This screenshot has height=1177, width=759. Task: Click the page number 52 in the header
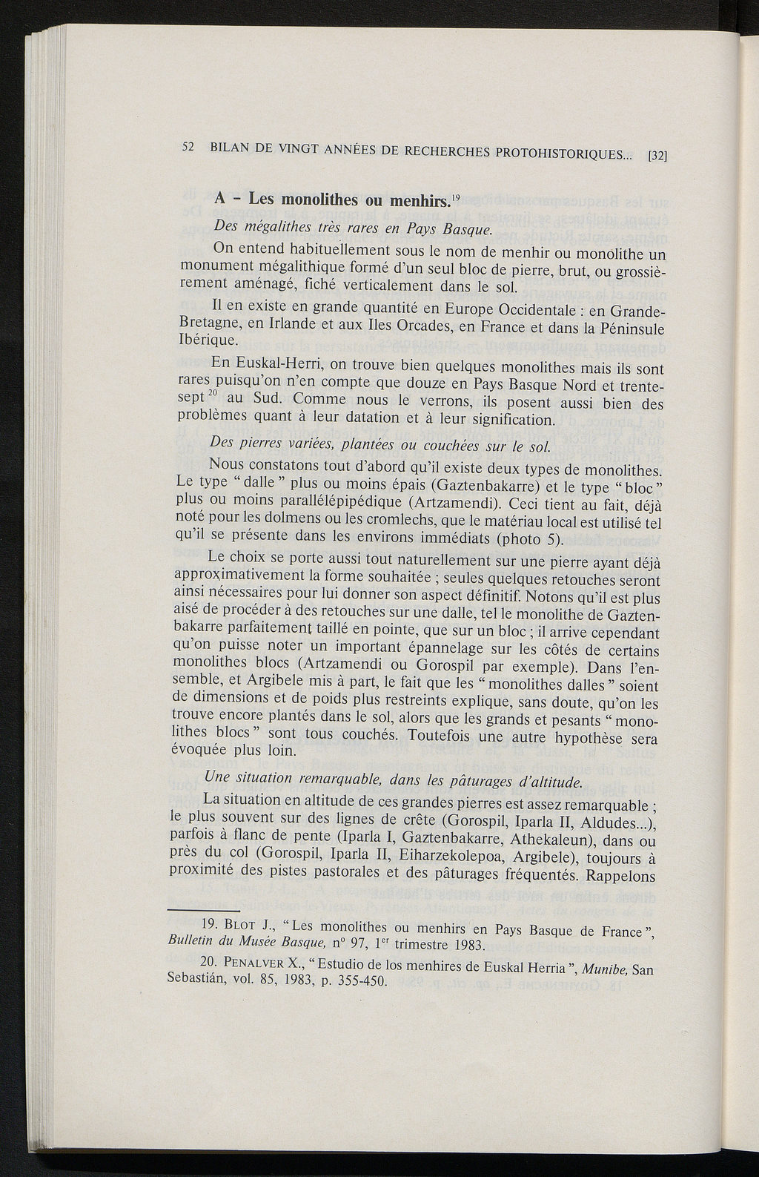[188, 146]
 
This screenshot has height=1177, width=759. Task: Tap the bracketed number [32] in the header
[658, 156]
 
